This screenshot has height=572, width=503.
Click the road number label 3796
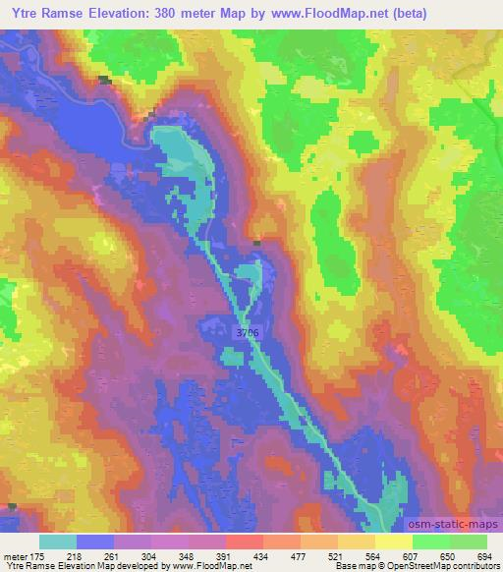[248, 334]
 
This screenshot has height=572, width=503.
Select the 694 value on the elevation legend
[482, 555]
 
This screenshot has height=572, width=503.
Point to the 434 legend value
[260, 555]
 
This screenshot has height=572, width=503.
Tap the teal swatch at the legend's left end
[58, 542]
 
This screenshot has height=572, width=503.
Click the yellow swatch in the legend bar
[392, 542]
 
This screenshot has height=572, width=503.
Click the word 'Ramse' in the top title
[62, 12]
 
